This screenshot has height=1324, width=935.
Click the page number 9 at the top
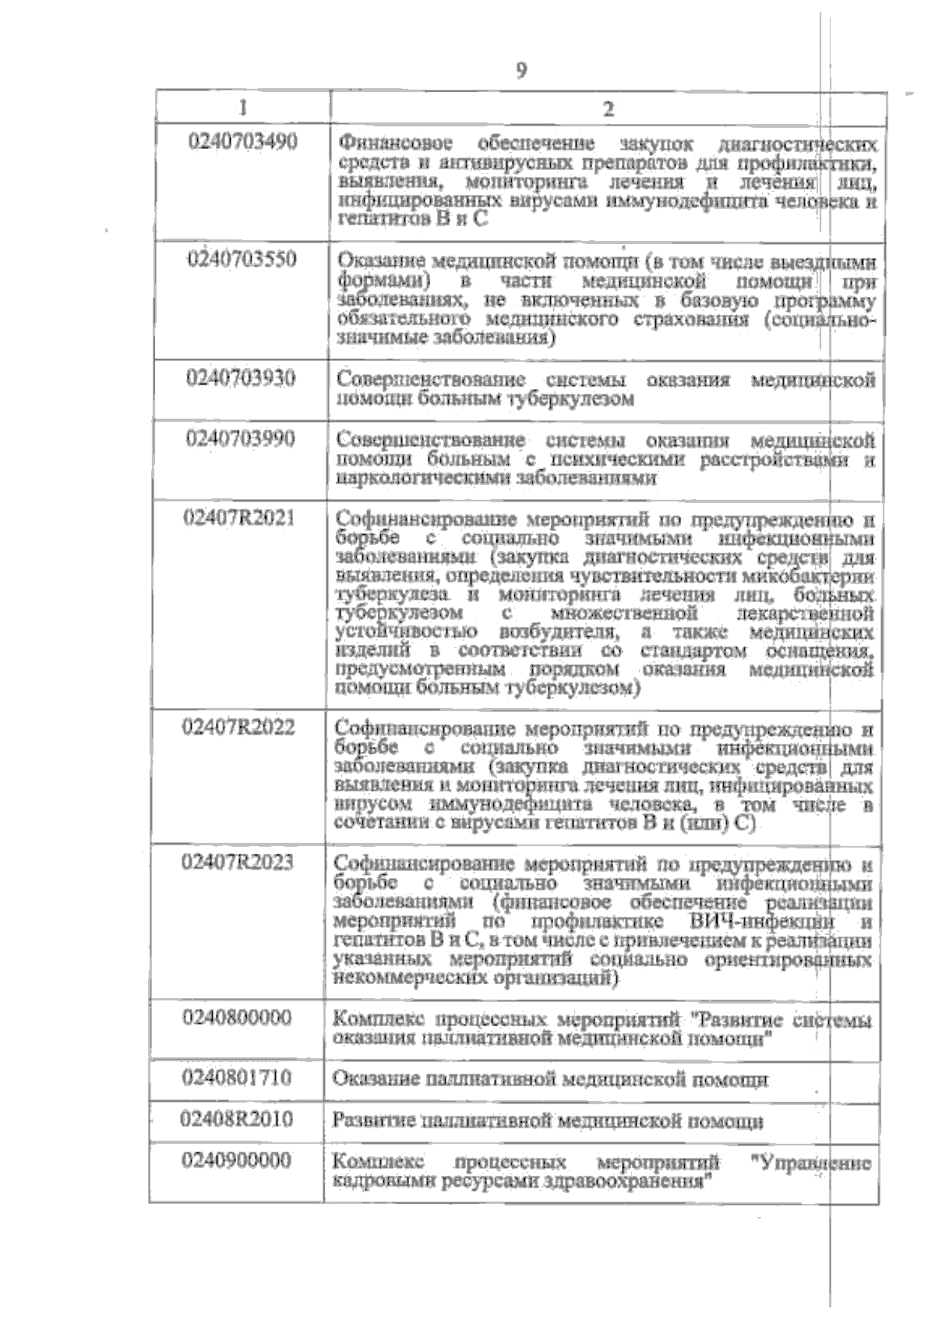click(x=521, y=71)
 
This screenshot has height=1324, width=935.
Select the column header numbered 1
click(x=243, y=108)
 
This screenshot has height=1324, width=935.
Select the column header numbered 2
click(x=609, y=108)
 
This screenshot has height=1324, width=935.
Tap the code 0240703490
click(x=244, y=142)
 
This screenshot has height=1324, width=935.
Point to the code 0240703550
click(x=242, y=258)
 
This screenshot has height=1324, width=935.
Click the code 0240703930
click(x=241, y=378)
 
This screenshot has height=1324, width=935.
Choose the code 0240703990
click(x=241, y=438)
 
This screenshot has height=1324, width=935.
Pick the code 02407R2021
click(x=238, y=517)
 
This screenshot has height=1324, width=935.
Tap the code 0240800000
click(x=238, y=1018)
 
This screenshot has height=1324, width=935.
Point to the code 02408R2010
click(x=237, y=1120)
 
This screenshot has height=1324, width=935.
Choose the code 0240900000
click(x=237, y=1161)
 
